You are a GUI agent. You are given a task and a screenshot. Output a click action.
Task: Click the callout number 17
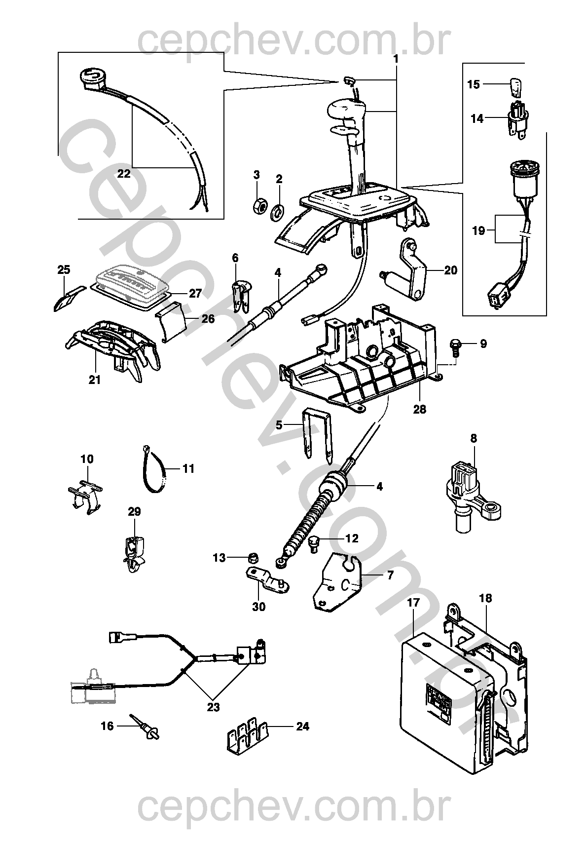point(413,603)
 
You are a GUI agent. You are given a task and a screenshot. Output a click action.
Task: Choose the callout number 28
point(420,409)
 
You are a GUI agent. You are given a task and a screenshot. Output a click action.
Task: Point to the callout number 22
point(124,174)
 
